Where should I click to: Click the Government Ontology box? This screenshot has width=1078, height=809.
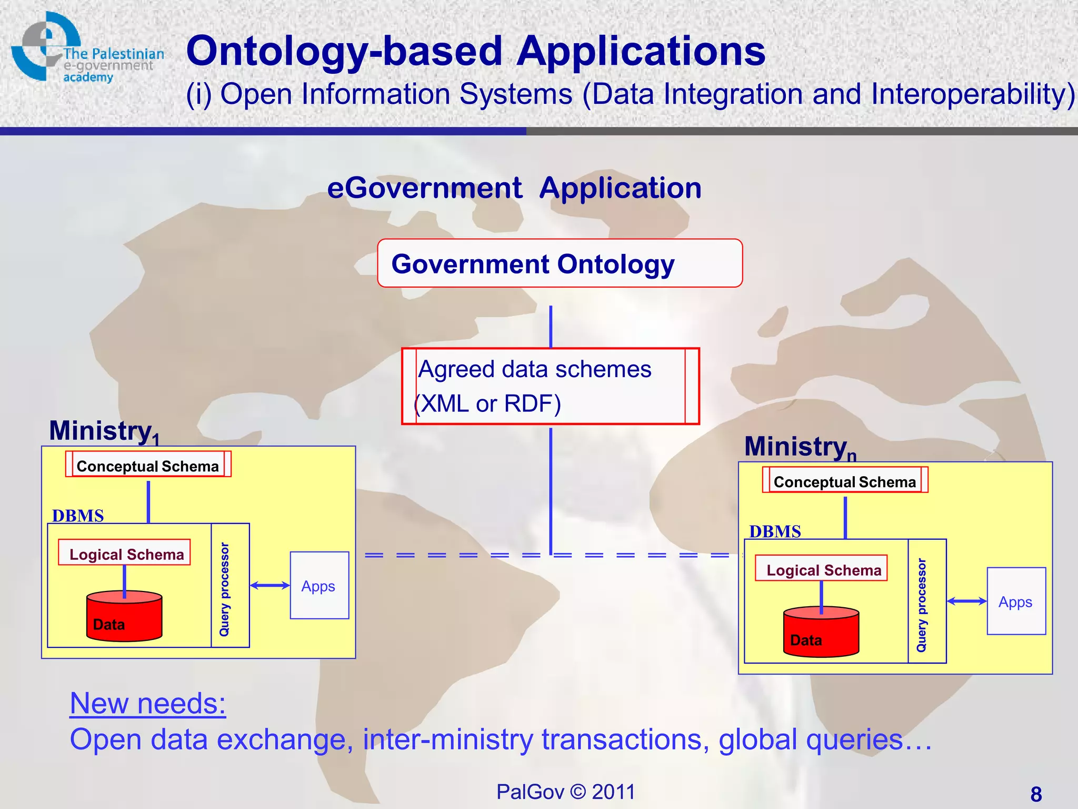[560, 263]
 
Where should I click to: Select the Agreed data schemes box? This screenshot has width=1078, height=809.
[550, 386]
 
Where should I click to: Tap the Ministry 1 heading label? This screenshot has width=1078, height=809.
[103, 431]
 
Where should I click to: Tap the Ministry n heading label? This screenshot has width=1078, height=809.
[800, 447]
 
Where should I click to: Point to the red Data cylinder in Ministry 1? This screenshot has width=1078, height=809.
[124, 617]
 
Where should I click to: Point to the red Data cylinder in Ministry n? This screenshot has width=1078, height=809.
[821, 633]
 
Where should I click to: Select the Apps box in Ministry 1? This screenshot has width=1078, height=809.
[320, 585]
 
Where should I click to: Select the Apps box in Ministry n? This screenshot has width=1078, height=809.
[1016, 601]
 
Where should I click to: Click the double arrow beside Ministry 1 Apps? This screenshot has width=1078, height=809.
[269, 585]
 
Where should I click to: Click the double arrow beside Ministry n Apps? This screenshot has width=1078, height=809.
[966, 601]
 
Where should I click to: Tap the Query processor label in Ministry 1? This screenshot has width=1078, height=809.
[225, 588]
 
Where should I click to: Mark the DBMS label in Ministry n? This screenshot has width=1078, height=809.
[775, 531]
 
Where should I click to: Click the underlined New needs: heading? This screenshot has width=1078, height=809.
[148, 704]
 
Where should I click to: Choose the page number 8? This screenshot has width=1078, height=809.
[1036, 794]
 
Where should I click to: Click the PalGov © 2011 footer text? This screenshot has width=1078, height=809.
[566, 792]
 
